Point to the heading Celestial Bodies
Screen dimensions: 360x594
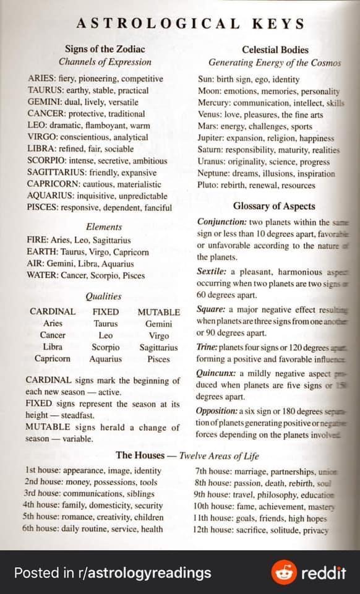point(275,49)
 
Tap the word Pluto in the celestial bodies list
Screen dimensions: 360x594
point(208,185)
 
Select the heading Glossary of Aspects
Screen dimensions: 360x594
point(274,206)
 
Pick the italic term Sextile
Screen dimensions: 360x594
point(212,272)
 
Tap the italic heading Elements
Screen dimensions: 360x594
point(104,226)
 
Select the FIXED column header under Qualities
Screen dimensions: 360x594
point(106,312)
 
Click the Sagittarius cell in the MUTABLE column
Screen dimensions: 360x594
point(158,347)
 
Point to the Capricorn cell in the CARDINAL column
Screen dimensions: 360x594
point(53,359)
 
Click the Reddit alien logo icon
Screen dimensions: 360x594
point(284,572)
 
